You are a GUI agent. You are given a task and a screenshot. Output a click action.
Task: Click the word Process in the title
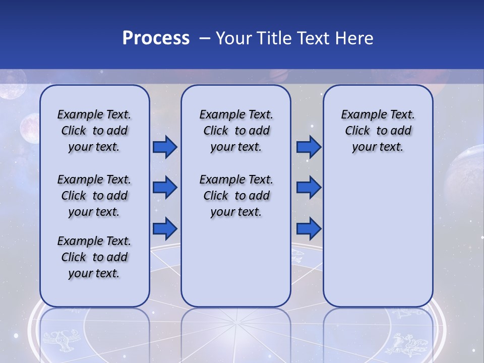[x=156, y=38]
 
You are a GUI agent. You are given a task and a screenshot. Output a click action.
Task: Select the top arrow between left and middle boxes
[x=165, y=147]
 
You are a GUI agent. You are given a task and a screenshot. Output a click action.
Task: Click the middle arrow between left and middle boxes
[x=165, y=188]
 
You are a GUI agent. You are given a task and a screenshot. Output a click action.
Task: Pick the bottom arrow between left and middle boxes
[x=165, y=228]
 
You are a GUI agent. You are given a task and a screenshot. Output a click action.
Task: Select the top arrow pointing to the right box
[x=309, y=147]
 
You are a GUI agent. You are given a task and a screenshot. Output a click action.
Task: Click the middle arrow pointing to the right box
[x=309, y=188]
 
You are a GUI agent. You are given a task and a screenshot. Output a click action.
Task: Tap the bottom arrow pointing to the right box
[x=309, y=228]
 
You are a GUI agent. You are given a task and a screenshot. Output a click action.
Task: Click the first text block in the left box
[x=94, y=131]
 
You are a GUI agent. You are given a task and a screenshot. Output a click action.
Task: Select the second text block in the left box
[x=94, y=196]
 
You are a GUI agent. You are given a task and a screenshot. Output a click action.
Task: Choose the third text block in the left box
[x=94, y=257]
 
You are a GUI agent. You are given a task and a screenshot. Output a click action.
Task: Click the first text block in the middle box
[x=236, y=131]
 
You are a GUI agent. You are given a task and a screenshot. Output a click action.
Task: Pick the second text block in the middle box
[x=236, y=196]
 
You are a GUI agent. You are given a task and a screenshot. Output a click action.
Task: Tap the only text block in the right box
[x=378, y=131]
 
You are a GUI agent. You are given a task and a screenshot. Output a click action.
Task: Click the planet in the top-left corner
[x=11, y=84]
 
